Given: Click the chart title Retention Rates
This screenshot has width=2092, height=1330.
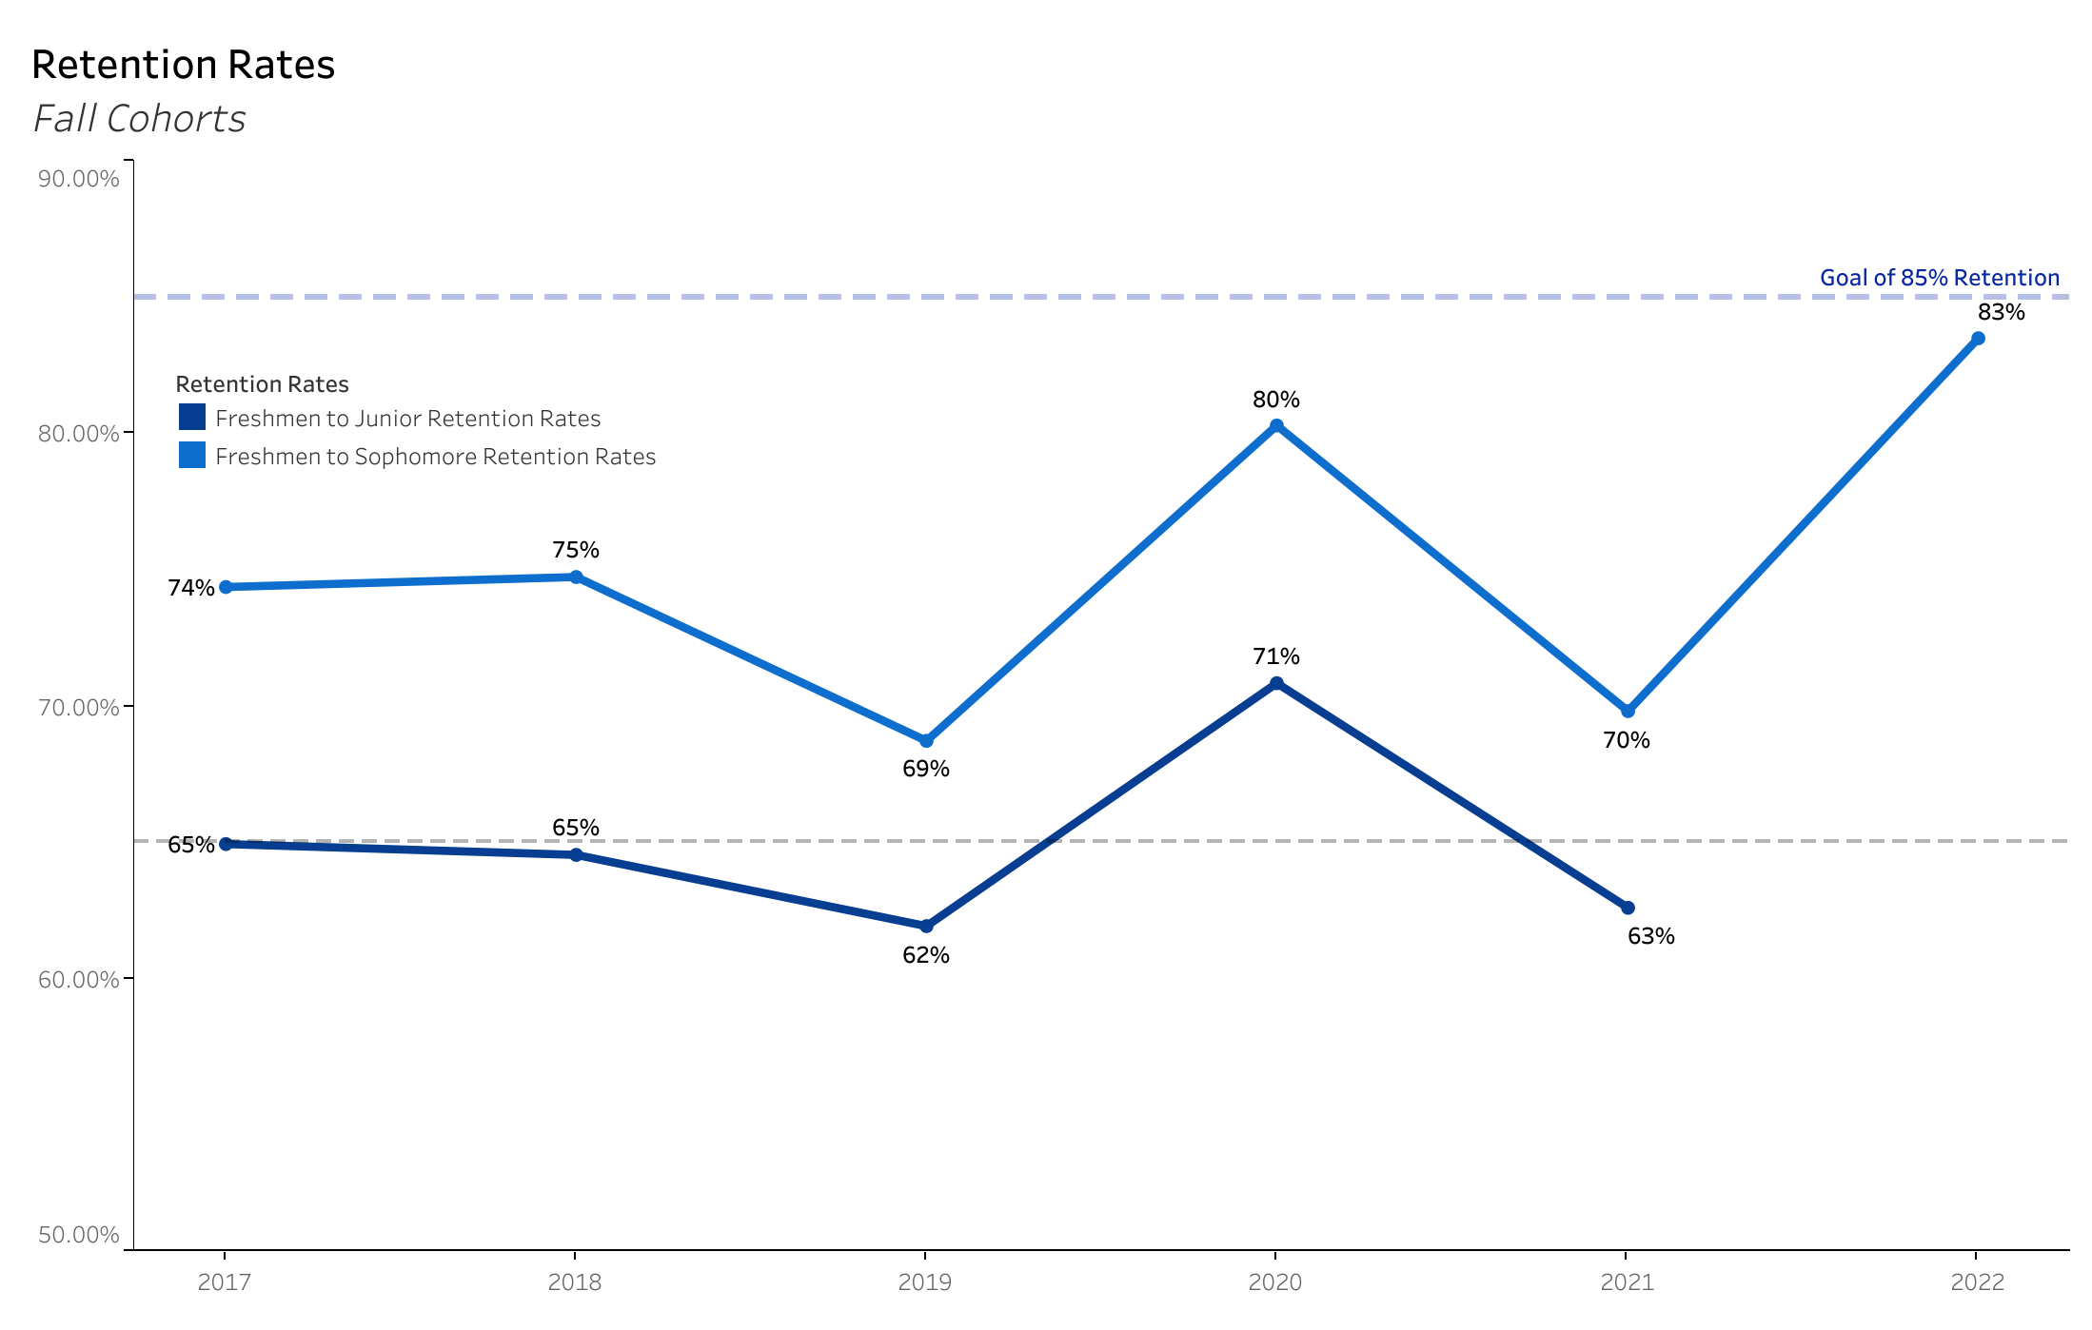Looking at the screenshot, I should [x=183, y=65].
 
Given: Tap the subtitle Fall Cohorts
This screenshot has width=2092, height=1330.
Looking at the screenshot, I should [x=139, y=119].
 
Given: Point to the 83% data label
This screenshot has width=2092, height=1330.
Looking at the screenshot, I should [x=2001, y=312].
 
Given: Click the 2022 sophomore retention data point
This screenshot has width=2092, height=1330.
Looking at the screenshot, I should [x=1978, y=339].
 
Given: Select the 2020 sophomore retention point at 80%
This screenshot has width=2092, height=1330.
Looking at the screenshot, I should [x=1276, y=426].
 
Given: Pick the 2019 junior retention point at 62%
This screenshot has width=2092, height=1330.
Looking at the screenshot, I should [x=926, y=926].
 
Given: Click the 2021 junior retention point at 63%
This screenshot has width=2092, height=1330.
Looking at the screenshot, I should [x=1628, y=908].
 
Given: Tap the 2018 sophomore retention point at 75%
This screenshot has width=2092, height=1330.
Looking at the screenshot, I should [x=576, y=577].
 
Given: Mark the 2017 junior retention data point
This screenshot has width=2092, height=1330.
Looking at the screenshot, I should [x=226, y=844].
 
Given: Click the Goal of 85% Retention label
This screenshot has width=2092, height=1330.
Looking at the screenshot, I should [x=1939, y=278].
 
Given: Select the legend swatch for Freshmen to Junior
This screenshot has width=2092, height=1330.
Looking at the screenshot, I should [x=192, y=418].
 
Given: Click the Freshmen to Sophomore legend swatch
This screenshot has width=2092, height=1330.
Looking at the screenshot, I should [x=192, y=456].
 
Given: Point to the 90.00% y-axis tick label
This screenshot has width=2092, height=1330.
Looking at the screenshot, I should [x=79, y=179].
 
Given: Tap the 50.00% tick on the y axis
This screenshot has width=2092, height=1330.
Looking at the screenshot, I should [x=79, y=1235].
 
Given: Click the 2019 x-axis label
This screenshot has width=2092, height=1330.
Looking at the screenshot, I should [x=925, y=1282].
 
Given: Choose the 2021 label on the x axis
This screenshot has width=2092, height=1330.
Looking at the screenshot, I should [x=1627, y=1282].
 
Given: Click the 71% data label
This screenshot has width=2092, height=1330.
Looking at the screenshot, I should [x=1275, y=656].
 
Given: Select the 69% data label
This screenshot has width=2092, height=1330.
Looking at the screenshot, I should [x=925, y=769].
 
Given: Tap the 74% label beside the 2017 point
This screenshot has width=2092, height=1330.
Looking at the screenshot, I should [x=190, y=588].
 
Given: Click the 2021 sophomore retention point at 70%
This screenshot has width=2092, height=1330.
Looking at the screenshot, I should [x=1628, y=712].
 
